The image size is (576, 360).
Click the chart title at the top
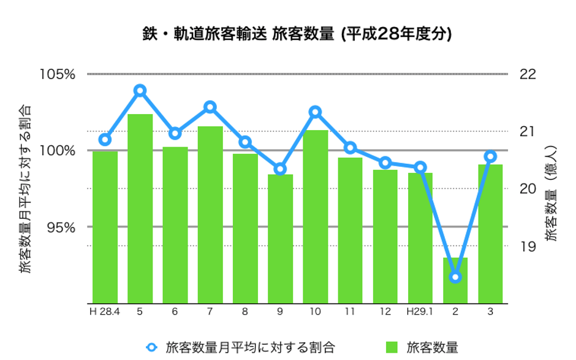(x=297, y=34)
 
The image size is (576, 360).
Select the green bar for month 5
(x=140, y=209)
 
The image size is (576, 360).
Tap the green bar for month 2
(x=455, y=280)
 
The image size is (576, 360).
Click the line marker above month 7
(x=210, y=107)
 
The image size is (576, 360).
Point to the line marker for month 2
(x=455, y=277)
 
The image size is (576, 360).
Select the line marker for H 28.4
(x=105, y=140)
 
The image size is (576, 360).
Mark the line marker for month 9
(x=280, y=169)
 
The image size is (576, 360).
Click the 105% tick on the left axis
(x=57, y=75)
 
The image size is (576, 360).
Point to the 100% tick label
(x=57, y=151)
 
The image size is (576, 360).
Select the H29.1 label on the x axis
(x=420, y=312)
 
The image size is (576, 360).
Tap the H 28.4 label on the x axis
(x=105, y=312)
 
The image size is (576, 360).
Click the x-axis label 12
(x=385, y=312)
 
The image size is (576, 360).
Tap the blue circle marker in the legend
(x=151, y=347)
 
